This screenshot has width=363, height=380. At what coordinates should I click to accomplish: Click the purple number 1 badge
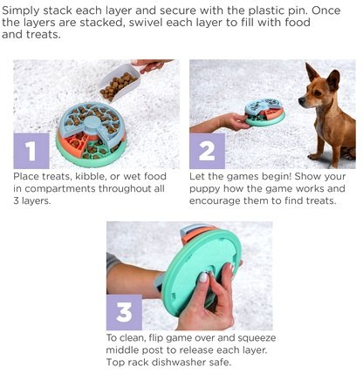31,151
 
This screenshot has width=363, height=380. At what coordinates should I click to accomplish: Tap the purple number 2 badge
207,151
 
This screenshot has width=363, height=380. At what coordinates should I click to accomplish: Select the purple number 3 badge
124,312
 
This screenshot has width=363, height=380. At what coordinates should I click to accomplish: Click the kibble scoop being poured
120,83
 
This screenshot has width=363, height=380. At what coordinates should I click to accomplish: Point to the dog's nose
301,101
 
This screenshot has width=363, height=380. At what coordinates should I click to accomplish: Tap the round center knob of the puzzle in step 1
92,123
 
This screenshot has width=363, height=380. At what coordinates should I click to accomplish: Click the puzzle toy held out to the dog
264,112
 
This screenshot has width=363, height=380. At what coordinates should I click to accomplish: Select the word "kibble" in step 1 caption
90,176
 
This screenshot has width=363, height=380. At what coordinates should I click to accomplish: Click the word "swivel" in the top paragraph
145,23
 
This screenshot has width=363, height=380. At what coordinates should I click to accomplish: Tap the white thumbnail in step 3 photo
203,277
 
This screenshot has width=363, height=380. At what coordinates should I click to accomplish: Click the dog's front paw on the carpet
313,156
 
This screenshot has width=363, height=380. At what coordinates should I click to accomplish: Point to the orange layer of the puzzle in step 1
76,142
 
